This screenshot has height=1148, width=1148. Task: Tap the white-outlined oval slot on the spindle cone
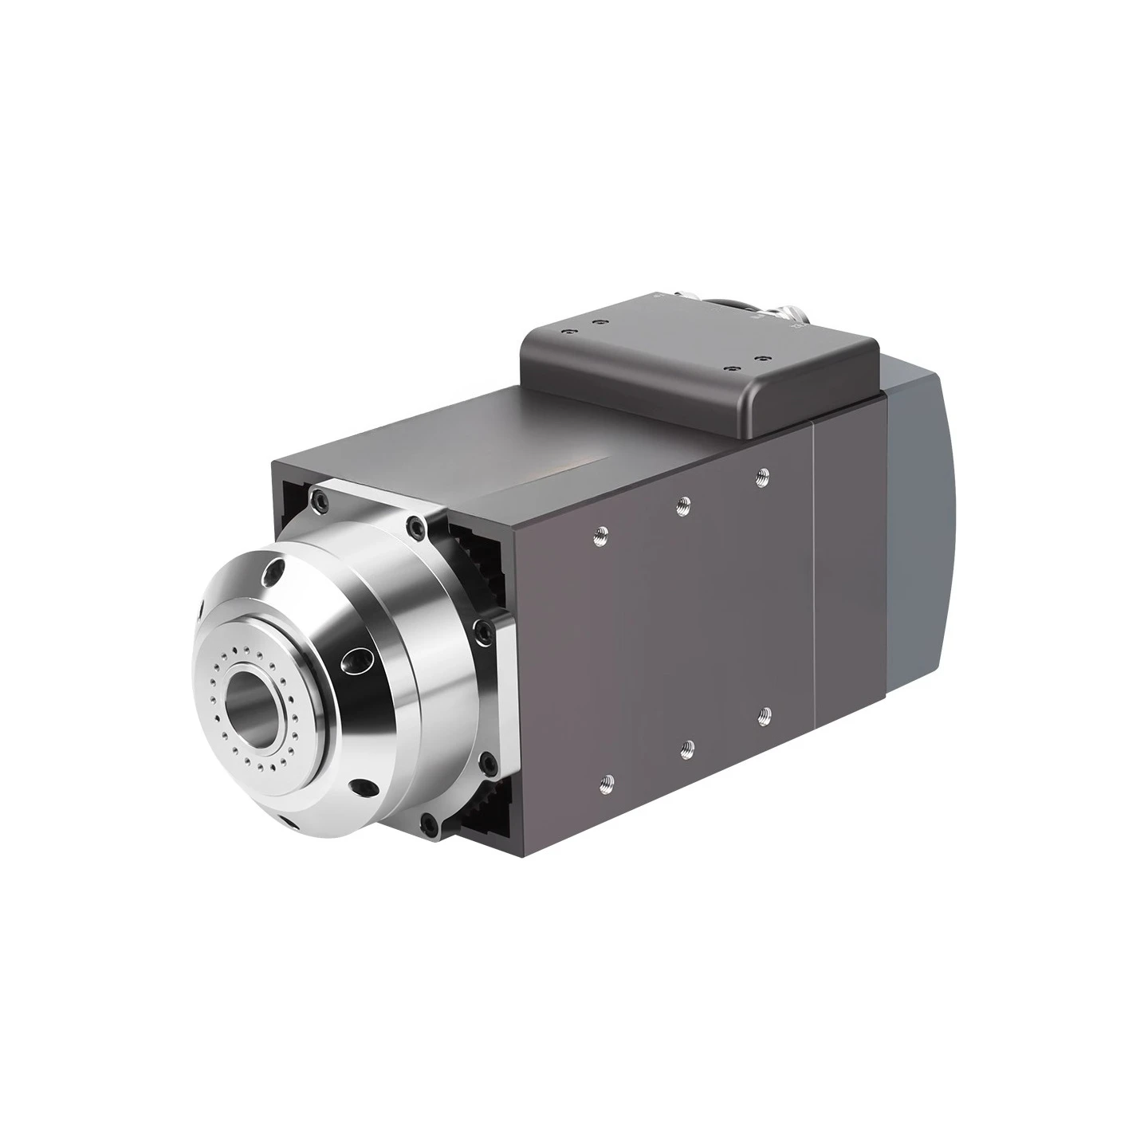pyautogui.click(x=356, y=659)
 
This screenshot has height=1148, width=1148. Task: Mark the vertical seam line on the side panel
pyautogui.click(x=812, y=574)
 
